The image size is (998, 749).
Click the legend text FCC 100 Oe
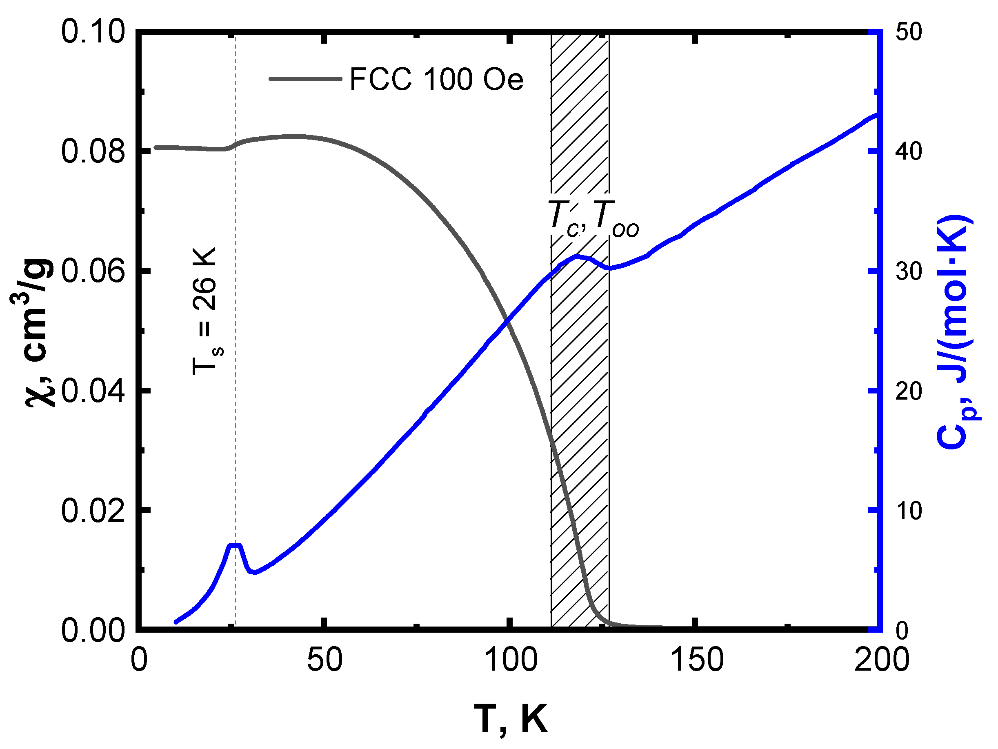click(436, 80)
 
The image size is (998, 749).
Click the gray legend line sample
click(305, 79)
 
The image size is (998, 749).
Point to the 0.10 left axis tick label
click(93, 33)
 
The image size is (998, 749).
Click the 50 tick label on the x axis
click(325, 660)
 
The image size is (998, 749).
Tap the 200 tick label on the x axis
click(881, 660)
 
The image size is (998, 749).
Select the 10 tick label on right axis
click(908, 511)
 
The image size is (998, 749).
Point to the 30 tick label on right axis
click(908, 271)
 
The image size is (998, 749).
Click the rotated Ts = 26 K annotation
click(207, 311)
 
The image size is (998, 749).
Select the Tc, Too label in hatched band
click(593, 219)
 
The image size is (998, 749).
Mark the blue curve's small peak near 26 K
click(235, 545)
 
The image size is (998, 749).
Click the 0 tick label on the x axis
click(139, 660)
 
